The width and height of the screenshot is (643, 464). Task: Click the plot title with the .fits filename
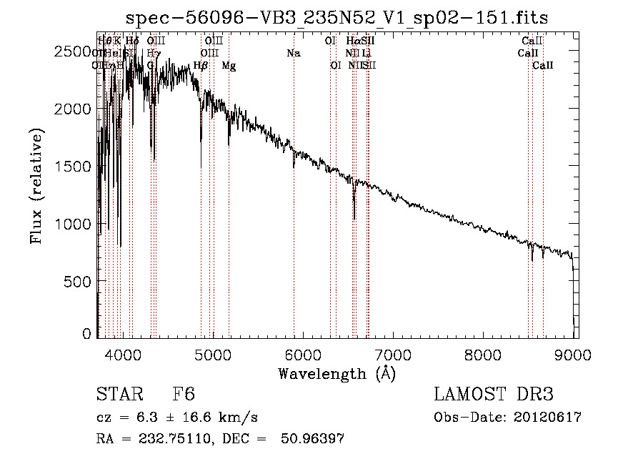[337, 17]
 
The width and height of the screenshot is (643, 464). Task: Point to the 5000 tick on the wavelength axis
[213, 352]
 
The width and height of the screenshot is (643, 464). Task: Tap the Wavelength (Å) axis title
[337, 373]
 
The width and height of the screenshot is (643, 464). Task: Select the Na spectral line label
[294, 53]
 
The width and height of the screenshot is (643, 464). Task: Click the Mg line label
[229, 66]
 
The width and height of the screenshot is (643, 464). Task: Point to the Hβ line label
[201, 66]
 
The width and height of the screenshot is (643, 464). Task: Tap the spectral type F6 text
[184, 395]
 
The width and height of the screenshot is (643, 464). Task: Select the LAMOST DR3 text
[494, 395]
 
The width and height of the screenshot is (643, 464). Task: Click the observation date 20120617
[547, 418]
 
